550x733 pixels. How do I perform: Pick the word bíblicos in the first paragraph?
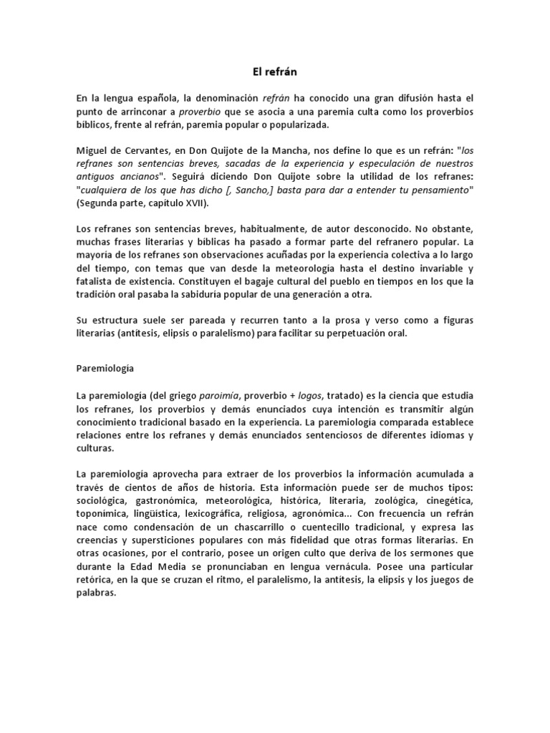coord(94,125)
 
